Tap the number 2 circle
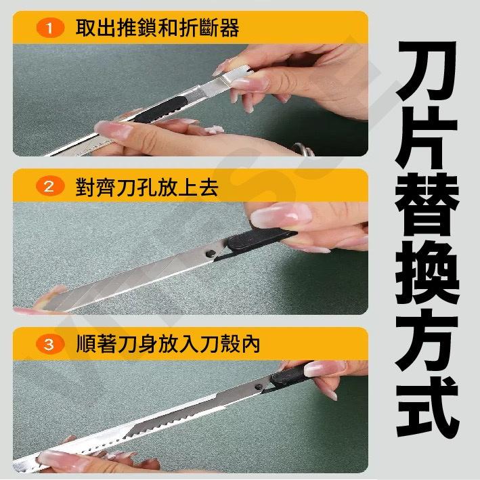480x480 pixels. (49, 188)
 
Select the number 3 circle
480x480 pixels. (49, 345)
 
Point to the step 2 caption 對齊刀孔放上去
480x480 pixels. (147, 188)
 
